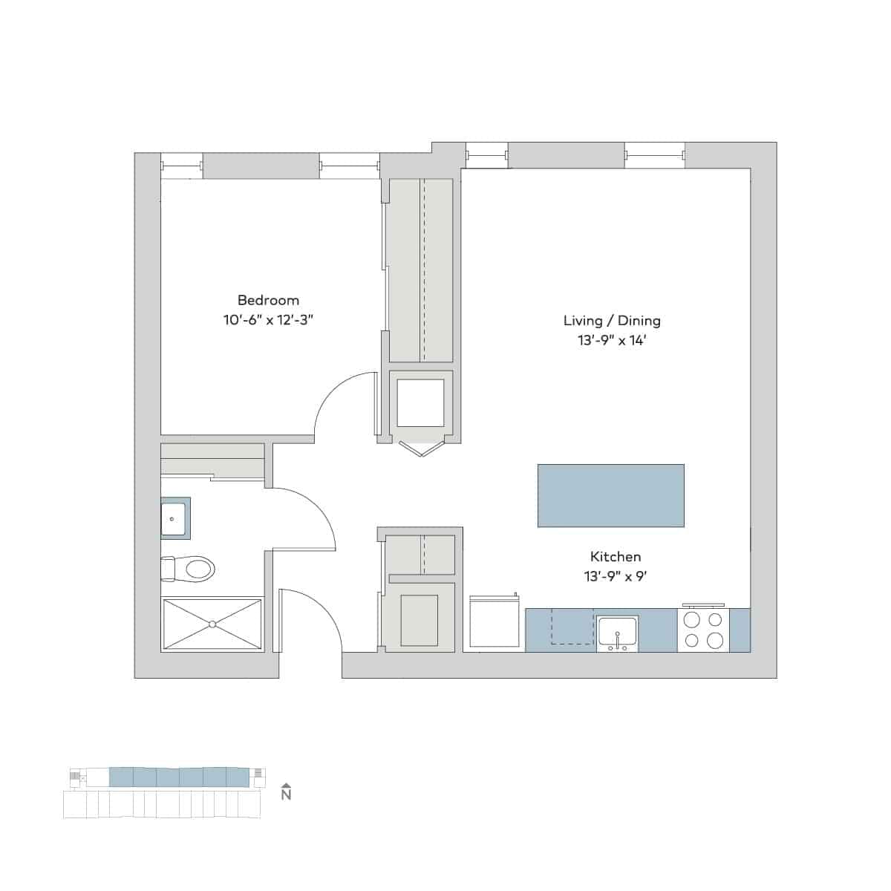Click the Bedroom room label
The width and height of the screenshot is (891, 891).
click(268, 300)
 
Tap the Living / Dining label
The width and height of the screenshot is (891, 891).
click(612, 321)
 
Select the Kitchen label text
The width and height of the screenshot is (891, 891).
click(616, 556)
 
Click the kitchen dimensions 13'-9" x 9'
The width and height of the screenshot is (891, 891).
click(616, 576)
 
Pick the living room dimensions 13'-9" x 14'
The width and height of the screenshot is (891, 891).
click(612, 341)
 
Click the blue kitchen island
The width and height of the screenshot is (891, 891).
click(610, 495)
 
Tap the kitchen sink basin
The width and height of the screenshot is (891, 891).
click(617, 631)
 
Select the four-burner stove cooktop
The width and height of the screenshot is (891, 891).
click(703, 630)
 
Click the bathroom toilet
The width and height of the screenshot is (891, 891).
click(190, 569)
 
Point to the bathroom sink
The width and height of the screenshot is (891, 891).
click(175, 518)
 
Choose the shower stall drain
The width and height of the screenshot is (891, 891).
click(212, 624)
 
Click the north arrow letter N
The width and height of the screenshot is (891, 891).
click(287, 795)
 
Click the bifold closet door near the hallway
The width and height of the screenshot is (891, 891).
click(420, 448)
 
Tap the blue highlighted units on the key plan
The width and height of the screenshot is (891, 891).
click(178, 777)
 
